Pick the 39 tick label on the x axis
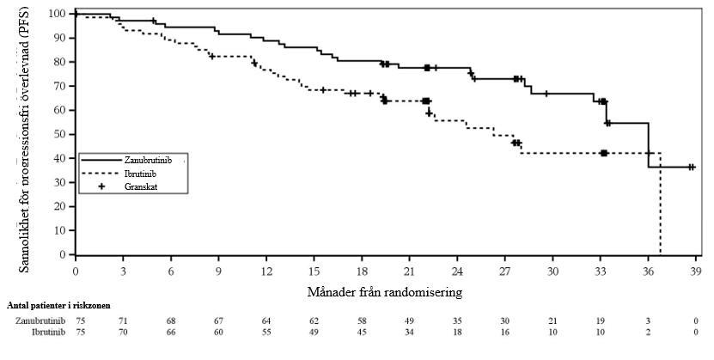[x=696, y=272]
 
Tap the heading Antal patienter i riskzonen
[x=58, y=306]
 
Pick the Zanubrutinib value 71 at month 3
[x=123, y=320]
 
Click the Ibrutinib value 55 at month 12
[x=267, y=332]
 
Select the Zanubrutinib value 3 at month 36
[x=649, y=320]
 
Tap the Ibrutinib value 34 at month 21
[x=411, y=332]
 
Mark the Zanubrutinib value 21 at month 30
[x=552, y=320]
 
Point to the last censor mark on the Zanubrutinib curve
[x=691, y=167]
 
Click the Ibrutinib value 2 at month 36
[x=649, y=332]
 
